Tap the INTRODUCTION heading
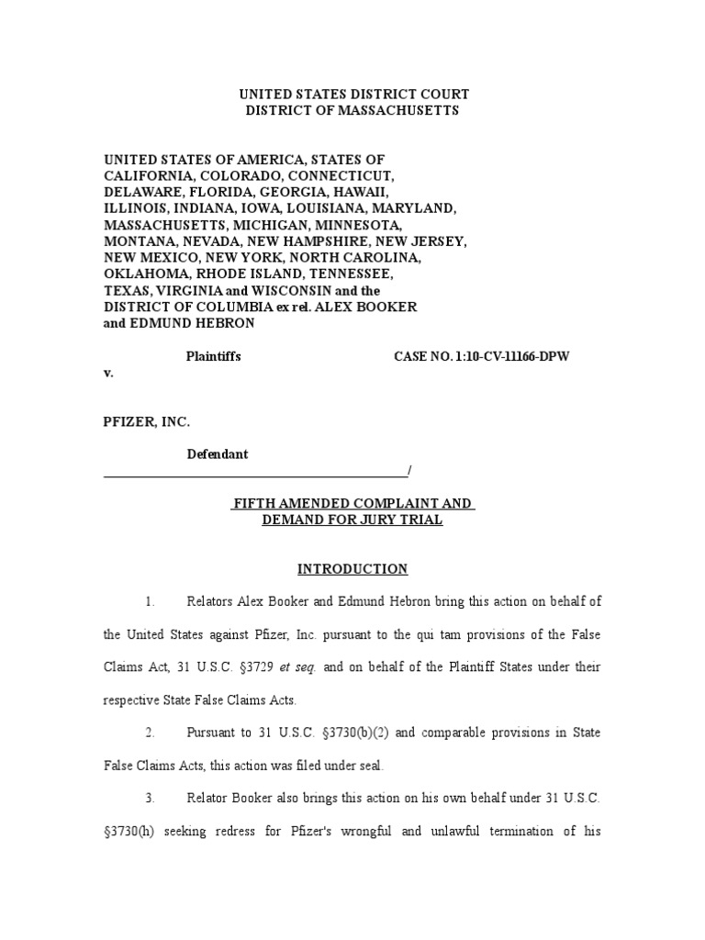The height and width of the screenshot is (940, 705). [352, 569]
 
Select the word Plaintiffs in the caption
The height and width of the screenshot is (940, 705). [214, 356]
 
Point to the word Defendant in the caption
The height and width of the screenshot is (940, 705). [218, 454]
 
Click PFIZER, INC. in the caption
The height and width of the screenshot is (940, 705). [147, 421]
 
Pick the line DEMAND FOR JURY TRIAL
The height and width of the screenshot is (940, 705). [352, 520]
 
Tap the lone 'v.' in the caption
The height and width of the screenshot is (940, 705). [108, 374]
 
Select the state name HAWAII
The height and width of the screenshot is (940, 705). [364, 192]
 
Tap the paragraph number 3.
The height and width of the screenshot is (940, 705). [150, 799]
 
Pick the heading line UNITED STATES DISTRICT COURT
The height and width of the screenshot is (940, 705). [353, 95]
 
